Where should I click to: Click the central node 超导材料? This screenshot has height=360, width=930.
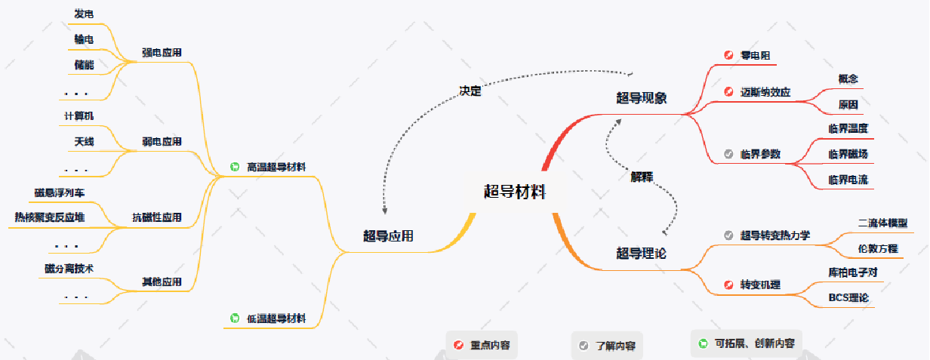tap(514, 191)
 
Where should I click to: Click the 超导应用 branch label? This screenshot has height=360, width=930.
tap(388, 235)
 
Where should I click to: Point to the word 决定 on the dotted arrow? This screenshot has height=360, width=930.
tap(470, 91)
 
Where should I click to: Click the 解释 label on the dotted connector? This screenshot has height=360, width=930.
tap(642, 177)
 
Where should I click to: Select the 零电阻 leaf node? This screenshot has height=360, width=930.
tap(754, 55)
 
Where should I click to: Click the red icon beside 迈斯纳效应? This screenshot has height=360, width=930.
tap(728, 92)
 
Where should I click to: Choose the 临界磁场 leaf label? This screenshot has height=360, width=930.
tap(848, 154)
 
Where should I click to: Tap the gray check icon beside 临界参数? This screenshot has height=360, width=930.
tap(728, 154)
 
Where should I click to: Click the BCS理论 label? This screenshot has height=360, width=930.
tap(848, 297)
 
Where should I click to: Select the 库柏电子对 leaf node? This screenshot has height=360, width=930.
tap(852, 272)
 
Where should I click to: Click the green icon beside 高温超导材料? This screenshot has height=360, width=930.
tap(235, 167)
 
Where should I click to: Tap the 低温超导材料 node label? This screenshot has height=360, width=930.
tap(276, 318)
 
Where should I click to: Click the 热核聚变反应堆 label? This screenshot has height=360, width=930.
tap(50, 217)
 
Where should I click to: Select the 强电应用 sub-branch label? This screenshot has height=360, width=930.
tap(162, 53)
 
